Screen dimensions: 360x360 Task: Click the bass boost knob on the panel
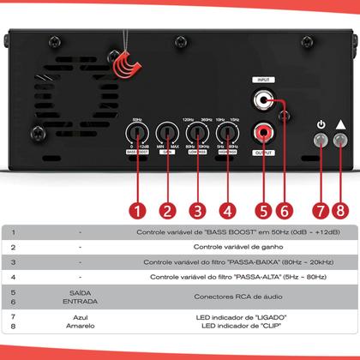click(x=136, y=133)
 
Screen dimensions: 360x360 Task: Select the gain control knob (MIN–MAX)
click(x=167, y=133)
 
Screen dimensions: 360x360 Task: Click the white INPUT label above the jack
click(x=261, y=80)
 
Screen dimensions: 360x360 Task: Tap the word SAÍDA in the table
click(x=80, y=293)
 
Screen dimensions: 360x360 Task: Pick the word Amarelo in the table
click(x=80, y=326)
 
